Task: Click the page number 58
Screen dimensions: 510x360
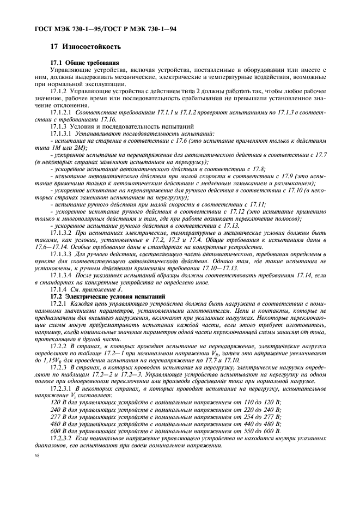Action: click(x=36, y=454)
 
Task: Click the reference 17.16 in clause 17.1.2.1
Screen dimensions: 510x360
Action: click(x=108, y=119)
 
